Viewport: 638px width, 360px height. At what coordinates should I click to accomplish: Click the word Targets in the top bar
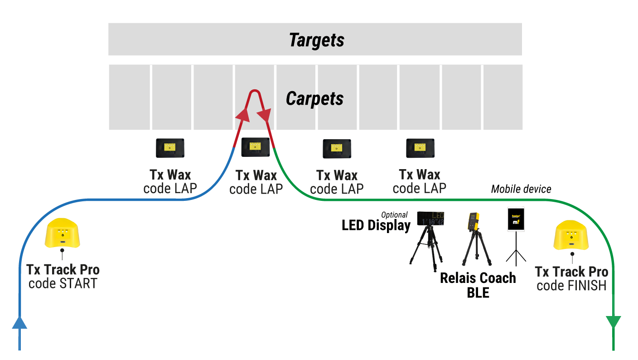[317, 40]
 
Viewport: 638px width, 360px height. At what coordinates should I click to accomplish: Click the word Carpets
[314, 98]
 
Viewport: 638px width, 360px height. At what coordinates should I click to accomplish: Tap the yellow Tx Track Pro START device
[63, 233]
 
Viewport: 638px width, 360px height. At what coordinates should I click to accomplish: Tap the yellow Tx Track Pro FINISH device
[571, 235]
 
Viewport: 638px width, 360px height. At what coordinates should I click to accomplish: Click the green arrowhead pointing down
[613, 322]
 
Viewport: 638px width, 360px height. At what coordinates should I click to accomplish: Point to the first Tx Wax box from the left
[170, 148]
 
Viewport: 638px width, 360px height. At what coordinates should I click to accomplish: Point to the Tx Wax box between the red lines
[256, 147]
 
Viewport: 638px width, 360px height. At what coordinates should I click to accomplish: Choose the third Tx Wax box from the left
[337, 148]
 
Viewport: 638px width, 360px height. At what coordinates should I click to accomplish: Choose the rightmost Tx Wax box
[420, 148]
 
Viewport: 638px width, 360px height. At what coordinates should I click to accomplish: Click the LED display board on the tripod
[430, 219]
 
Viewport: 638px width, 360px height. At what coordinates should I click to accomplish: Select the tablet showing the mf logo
[516, 219]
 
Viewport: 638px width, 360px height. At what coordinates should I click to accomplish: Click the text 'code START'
[63, 284]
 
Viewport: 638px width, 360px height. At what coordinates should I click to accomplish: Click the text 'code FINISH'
[571, 286]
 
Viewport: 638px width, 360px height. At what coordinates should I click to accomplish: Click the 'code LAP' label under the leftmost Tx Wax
[170, 188]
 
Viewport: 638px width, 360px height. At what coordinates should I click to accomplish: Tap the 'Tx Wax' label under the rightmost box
[420, 175]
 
